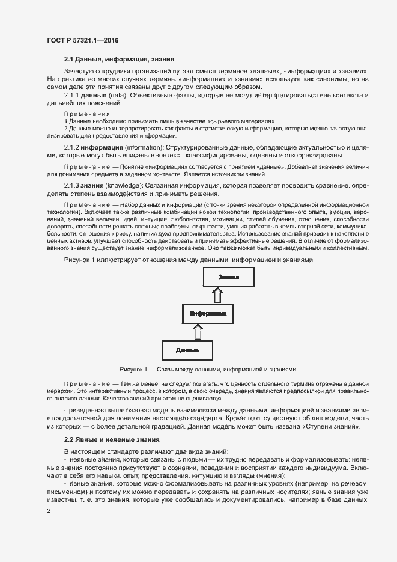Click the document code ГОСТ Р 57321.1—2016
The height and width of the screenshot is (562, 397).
(x=82, y=40)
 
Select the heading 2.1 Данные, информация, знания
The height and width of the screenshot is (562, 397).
(x=119, y=60)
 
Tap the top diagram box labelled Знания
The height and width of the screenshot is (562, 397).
(x=228, y=278)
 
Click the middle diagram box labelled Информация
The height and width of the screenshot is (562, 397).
(x=208, y=314)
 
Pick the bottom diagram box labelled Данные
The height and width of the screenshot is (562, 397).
(x=187, y=350)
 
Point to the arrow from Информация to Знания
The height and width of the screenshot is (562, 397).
(x=217, y=295)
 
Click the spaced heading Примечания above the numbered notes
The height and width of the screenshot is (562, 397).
(x=86, y=114)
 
